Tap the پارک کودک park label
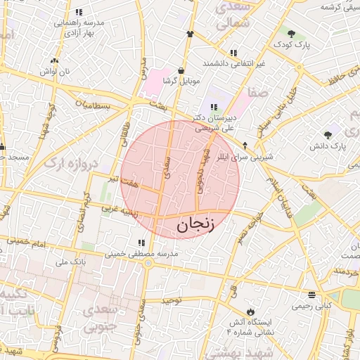[x=291, y=44]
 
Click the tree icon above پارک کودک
[x=291, y=33]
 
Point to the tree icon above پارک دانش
[x=328, y=134]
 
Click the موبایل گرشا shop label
[x=181, y=82]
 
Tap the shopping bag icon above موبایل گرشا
[x=181, y=70]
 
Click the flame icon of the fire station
[x=250, y=311]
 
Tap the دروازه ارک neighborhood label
[x=73, y=164]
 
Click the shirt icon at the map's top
[x=190, y=33]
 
